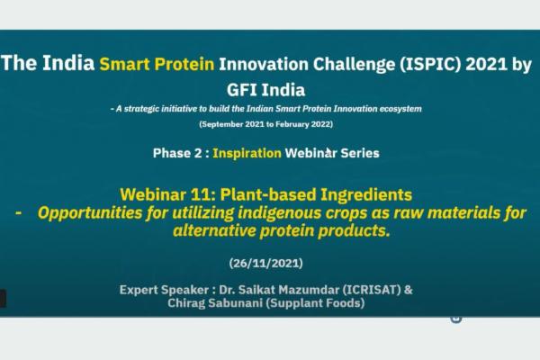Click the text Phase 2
pyautogui.click(x=177, y=153)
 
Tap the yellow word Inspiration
pyautogui.click(x=247, y=153)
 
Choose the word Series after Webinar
pyautogui.click(x=358, y=153)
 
